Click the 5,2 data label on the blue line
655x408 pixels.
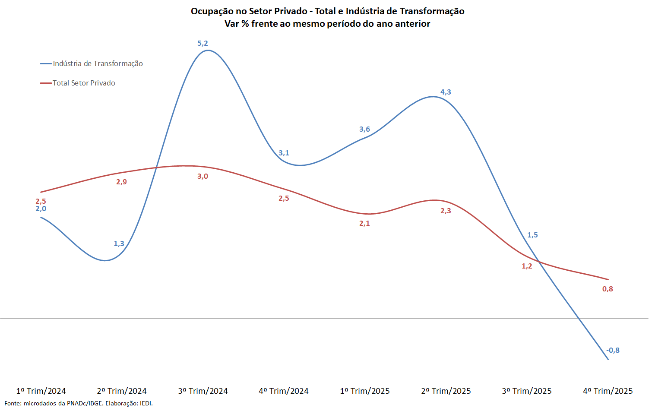point(203,43)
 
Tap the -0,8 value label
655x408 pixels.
point(613,350)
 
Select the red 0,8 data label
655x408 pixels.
point(608,289)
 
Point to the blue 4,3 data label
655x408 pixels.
point(446,92)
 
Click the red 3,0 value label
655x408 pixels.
point(203,176)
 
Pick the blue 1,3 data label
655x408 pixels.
point(119,244)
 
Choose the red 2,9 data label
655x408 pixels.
point(121,182)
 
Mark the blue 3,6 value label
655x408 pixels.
point(364,129)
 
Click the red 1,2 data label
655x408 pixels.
point(527,266)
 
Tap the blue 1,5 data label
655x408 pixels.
point(532,235)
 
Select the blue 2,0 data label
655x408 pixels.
point(41,209)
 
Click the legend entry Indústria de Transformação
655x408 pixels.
point(98,63)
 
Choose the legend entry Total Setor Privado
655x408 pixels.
point(84,83)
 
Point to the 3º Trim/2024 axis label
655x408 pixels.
point(203,391)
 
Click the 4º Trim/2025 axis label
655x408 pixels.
point(608,391)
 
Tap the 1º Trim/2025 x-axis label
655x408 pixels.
point(364,391)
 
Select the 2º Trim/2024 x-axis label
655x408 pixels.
point(121,391)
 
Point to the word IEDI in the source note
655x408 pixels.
point(146,403)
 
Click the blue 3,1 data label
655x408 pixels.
point(284,153)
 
